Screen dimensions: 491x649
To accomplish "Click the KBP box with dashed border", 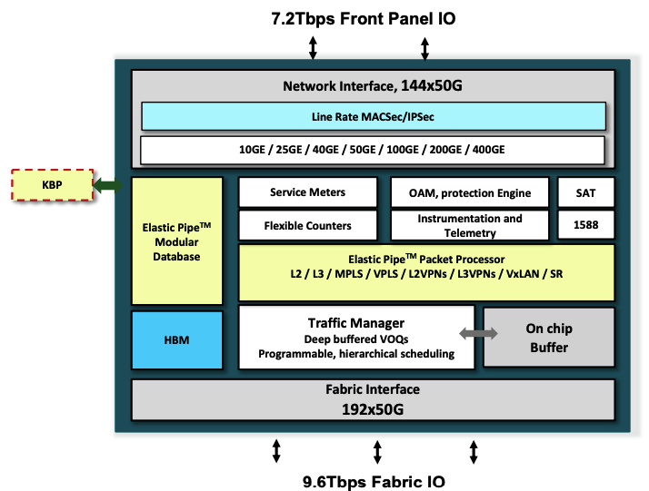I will pos(51,185).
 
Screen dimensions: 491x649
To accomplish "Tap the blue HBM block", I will pos(177,339).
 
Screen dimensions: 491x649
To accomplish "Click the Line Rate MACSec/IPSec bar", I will pos(373,116).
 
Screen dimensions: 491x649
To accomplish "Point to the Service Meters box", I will pos(307,192).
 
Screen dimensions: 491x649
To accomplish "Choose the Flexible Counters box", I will pos(307,225).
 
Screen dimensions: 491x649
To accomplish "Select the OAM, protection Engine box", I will pos(471,192).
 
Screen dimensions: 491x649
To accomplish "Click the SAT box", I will pos(585,192).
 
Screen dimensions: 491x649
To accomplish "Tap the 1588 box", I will pos(585,225).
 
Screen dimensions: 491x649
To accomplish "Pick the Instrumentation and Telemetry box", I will pos(471,225).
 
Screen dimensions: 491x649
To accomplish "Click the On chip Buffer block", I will pos(548,338).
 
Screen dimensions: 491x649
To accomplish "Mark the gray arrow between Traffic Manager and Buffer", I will pos(479,334).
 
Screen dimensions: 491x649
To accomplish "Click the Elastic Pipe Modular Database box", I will pos(177,241).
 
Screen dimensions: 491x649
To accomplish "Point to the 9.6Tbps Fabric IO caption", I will pos(374,480).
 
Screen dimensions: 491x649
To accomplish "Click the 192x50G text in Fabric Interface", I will pos(373,409).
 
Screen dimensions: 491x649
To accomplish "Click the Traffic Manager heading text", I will pos(355,322).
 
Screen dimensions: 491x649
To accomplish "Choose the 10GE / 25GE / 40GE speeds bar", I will pos(373,149).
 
